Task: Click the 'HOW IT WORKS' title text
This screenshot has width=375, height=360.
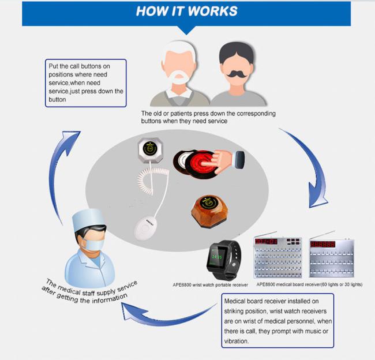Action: pos(186,11)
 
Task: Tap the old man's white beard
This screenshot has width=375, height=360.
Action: pos(179,76)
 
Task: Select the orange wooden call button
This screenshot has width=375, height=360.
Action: pos(210,211)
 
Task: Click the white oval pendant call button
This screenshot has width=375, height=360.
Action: pos(145,228)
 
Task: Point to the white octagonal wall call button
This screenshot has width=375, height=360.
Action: pos(151,150)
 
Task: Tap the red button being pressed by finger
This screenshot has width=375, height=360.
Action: pos(201,164)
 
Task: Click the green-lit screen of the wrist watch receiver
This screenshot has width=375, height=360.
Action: pos(217,256)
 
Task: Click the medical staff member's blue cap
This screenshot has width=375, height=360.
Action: pos(88,219)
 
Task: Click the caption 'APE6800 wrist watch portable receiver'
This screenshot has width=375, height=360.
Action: pos(210,285)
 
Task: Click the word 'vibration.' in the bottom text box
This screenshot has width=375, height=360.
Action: pos(237,341)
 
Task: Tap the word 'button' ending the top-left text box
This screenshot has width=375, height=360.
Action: pos(57,99)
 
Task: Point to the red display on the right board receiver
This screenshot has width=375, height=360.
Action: pos(322,244)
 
